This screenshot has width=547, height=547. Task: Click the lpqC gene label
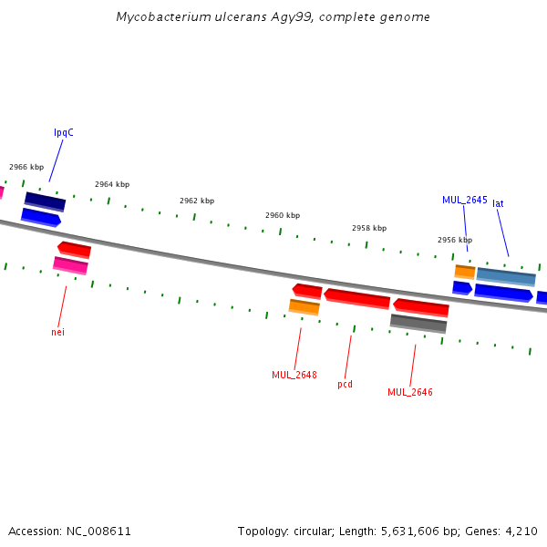pos(64,133)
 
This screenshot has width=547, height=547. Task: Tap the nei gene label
pos(58,332)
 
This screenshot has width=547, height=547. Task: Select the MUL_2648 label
pos(294,375)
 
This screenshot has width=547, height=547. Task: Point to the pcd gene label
pos(345,385)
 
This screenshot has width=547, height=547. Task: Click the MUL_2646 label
pos(410,392)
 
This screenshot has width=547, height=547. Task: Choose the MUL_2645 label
pos(465,200)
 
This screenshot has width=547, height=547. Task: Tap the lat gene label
pos(498,203)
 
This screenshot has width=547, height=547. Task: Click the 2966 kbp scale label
pos(26,167)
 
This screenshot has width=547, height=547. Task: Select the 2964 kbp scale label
pos(112,184)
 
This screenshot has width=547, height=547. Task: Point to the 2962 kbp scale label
pos(197,201)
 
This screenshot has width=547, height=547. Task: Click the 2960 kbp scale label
pos(283,215)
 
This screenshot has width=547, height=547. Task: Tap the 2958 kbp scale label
pos(369,228)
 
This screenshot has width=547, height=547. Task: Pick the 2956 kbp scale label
pos(455,240)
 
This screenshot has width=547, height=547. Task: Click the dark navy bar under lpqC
pos(45,201)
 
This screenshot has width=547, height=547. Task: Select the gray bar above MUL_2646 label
pos(418,324)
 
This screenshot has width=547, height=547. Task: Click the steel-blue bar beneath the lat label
pos(506,277)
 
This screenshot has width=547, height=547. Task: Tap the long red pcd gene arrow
pos(356,299)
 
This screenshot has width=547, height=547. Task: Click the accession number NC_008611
pos(98,532)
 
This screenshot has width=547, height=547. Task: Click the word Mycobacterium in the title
pos(163,16)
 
